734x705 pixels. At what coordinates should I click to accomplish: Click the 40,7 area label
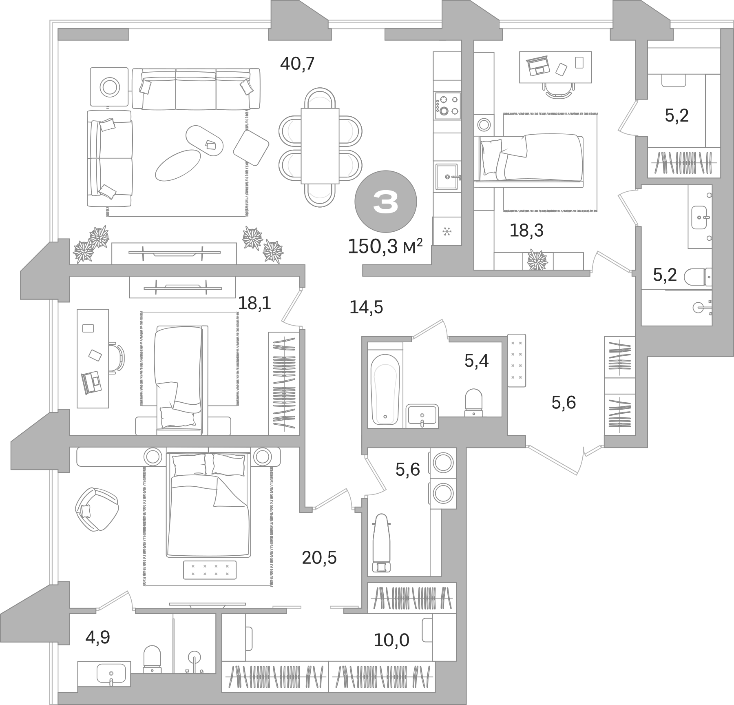298,64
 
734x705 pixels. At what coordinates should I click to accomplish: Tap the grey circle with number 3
385,202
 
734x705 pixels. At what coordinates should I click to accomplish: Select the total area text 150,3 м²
385,247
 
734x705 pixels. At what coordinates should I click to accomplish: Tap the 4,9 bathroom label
97,637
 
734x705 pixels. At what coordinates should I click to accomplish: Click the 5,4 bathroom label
476,361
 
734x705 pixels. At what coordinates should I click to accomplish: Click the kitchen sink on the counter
447,177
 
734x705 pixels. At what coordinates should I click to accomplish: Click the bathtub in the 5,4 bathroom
385,388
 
